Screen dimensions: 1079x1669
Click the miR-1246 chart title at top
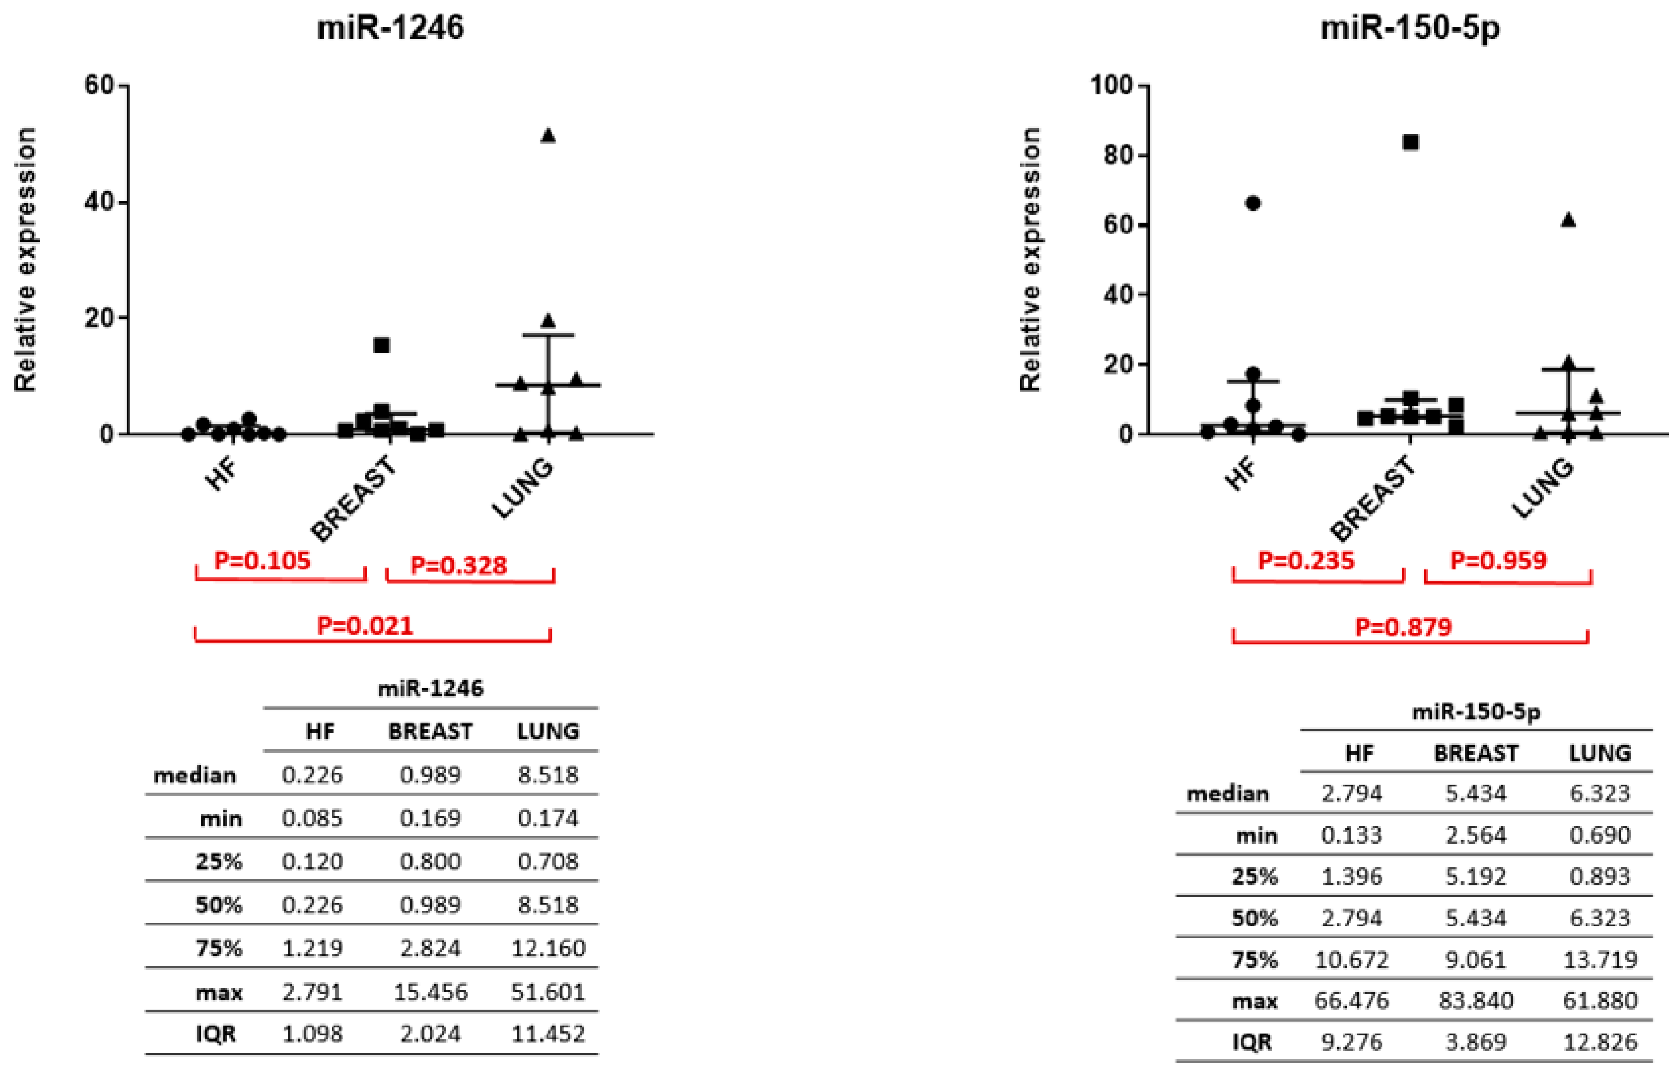point(390,28)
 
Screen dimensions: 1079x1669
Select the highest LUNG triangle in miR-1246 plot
point(548,135)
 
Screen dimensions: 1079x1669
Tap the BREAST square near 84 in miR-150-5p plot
point(1411,142)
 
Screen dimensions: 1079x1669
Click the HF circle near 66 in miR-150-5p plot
point(1253,203)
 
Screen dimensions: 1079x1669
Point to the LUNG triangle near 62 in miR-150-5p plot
point(1568,220)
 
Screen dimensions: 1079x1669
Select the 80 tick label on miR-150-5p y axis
point(1118,155)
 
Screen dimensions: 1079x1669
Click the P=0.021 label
point(365,625)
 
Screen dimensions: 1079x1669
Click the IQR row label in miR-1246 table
point(216,1034)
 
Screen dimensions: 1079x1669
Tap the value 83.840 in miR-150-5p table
point(1475,1000)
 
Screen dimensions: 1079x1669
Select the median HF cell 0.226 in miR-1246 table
point(313,774)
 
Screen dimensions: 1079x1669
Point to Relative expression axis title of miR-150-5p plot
point(1030,259)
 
